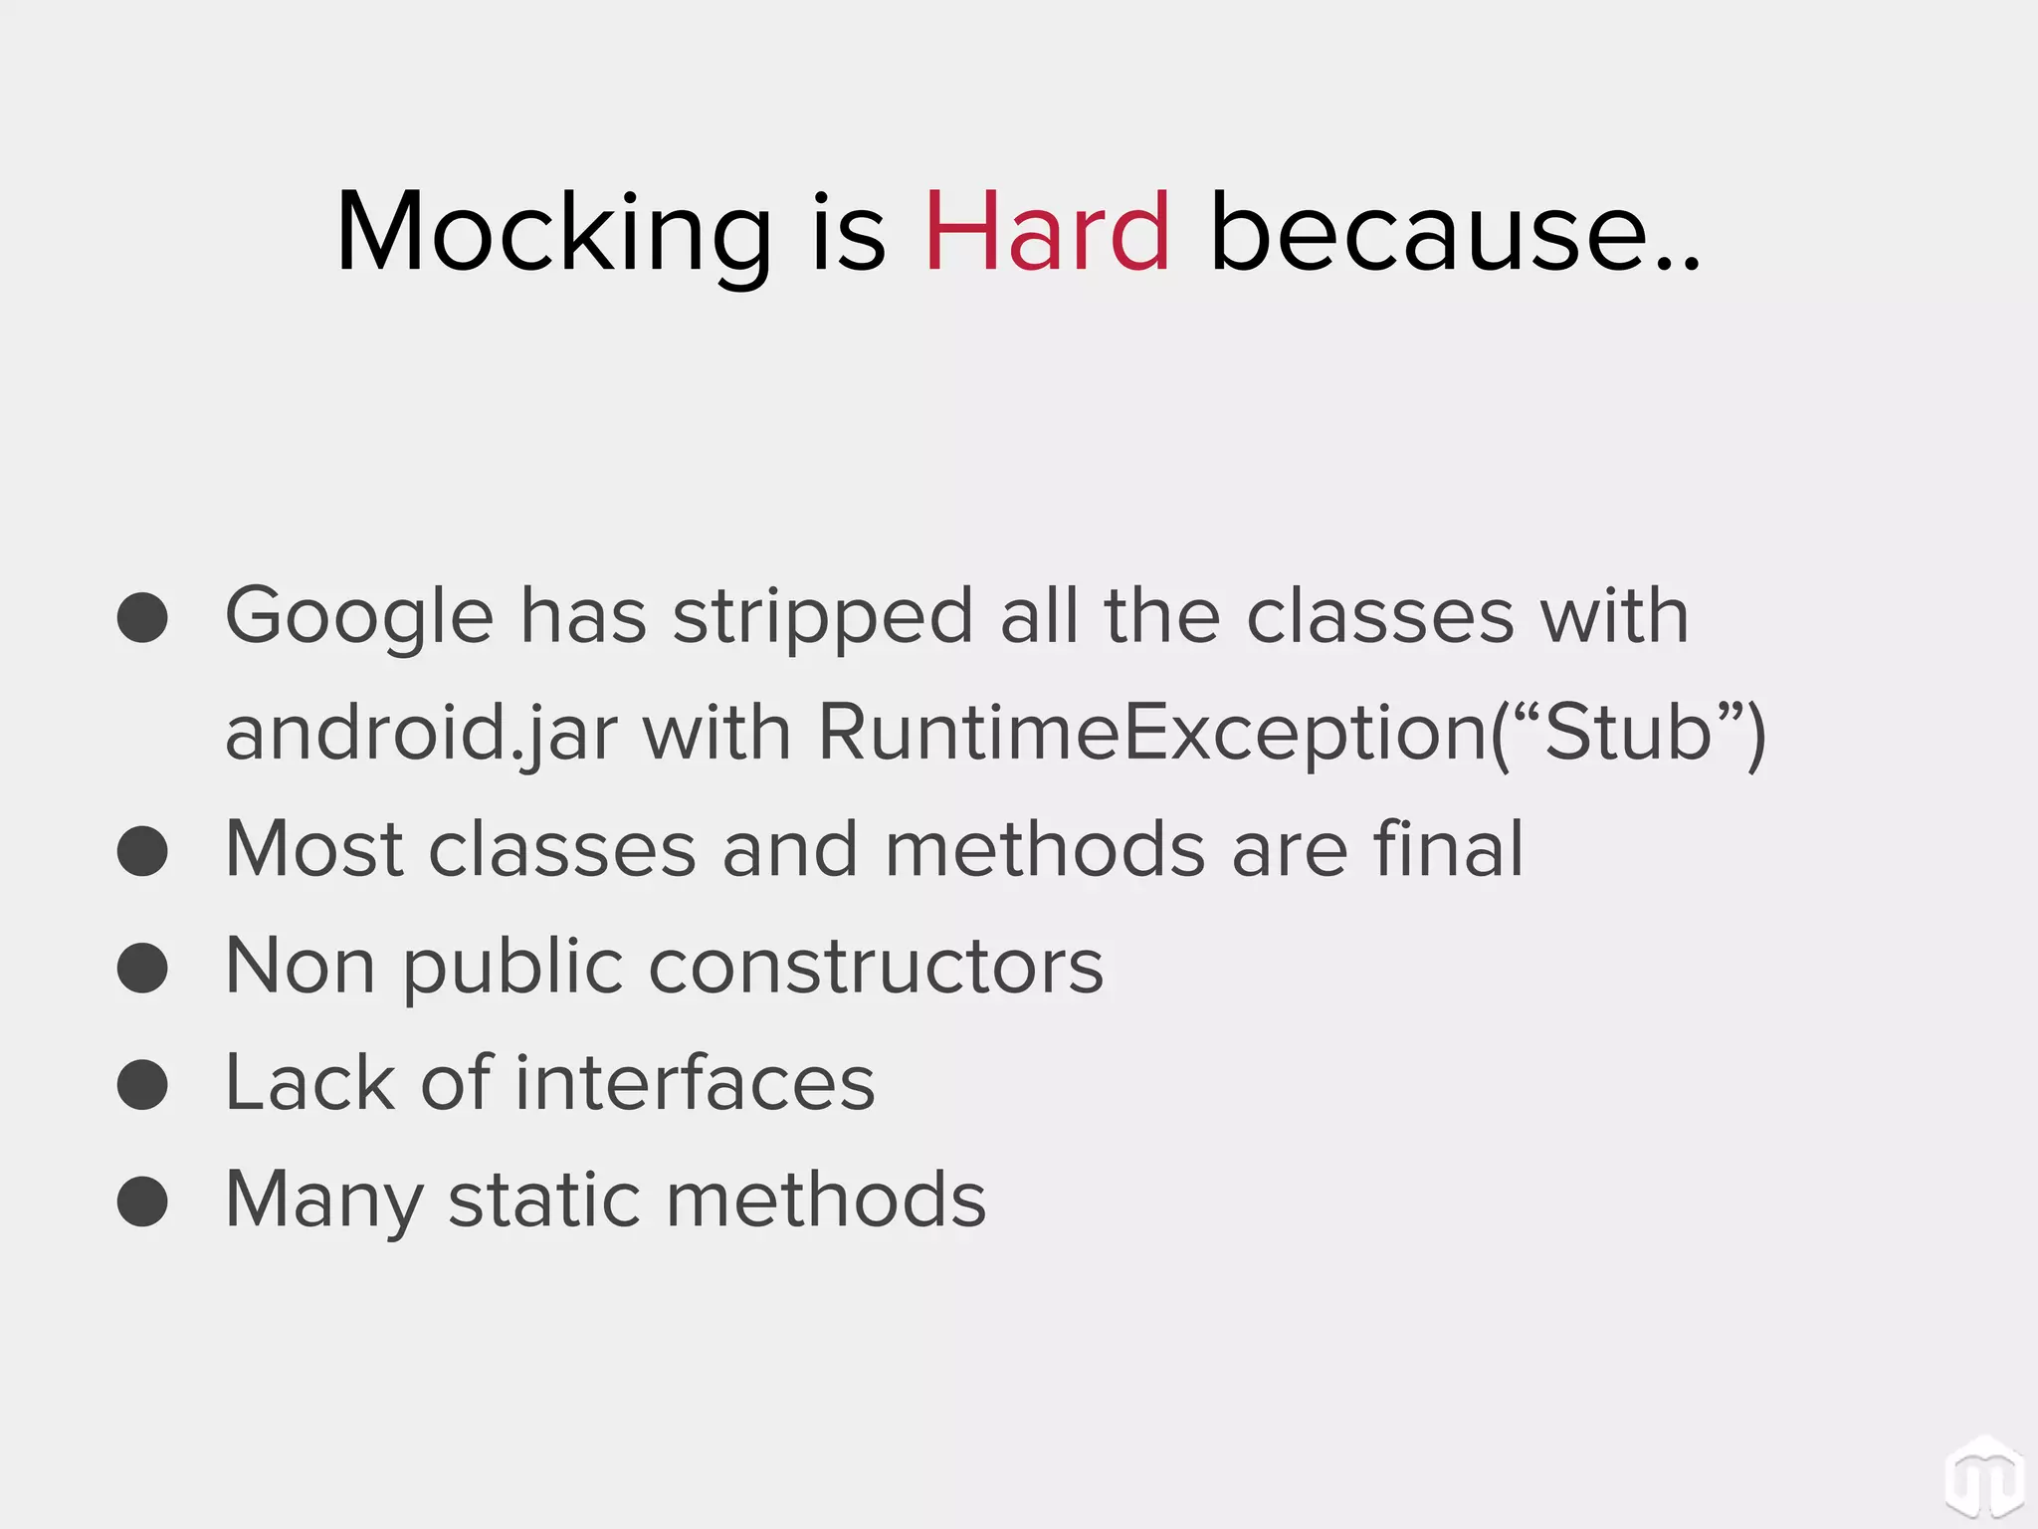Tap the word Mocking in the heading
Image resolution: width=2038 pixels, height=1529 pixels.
coord(553,233)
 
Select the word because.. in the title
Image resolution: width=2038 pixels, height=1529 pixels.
coord(1455,233)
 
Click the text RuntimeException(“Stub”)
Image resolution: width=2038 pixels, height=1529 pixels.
coord(1291,735)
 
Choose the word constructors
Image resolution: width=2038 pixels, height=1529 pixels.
coord(876,966)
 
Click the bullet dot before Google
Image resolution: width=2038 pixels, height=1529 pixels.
coord(142,618)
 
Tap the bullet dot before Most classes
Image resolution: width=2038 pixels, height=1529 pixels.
coord(142,851)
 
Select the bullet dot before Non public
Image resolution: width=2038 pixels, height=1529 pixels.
coord(142,968)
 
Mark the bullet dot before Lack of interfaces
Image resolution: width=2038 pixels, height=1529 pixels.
coord(142,1084)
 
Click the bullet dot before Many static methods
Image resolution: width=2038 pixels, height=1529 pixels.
coord(142,1201)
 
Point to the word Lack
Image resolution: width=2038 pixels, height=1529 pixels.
coord(309,1082)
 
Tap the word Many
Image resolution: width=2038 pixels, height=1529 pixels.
coord(324,1201)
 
